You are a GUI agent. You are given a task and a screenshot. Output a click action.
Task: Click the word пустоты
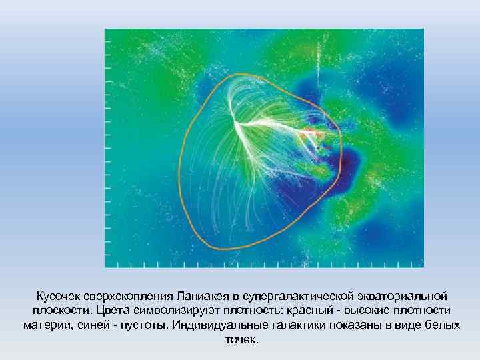(x=137, y=325)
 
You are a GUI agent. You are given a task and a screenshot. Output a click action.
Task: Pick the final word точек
(x=240, y=340)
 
